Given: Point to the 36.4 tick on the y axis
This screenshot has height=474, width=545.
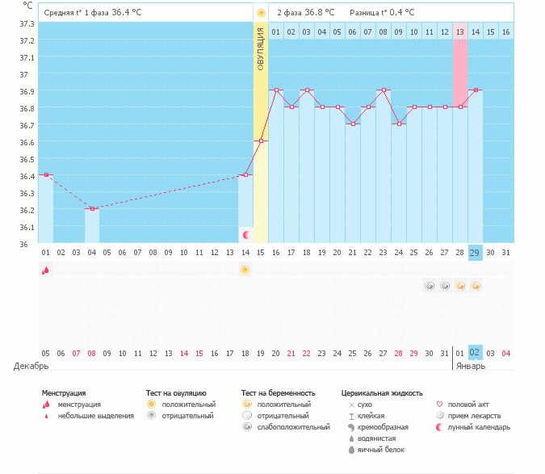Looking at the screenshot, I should point(27,176).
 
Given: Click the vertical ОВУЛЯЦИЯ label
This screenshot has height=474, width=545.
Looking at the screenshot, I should point(261,48).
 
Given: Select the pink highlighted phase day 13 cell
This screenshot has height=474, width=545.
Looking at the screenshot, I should point(460,31).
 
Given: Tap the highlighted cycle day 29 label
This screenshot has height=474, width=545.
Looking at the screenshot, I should point(476,252).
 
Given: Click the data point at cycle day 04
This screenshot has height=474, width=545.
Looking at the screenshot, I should point(92,209).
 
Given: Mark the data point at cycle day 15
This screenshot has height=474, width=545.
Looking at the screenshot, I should point(261,141).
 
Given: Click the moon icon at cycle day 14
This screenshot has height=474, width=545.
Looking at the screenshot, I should point(246,234).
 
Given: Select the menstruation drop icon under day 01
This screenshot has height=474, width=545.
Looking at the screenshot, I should point(46,270).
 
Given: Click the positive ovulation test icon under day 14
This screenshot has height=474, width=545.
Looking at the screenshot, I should point(245,270).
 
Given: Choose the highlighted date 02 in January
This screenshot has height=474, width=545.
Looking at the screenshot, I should point(476,353).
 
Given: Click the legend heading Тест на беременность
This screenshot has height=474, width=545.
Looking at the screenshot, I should point(278,392).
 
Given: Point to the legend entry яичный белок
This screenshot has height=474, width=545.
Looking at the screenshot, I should point(376,449).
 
